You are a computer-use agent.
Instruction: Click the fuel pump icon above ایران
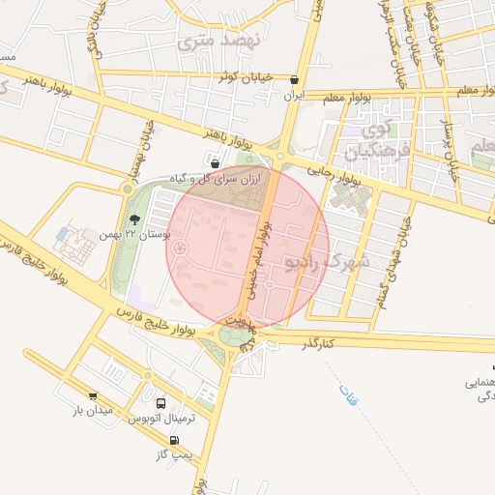[x=294, y=81]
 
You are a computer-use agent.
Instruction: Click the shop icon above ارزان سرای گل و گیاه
[x=213, y=163]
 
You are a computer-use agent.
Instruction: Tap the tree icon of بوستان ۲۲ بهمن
[x=135, y=221]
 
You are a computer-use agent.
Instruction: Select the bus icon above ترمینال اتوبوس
[x=160, y=403]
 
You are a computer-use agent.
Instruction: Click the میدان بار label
[x=93, y=411]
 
